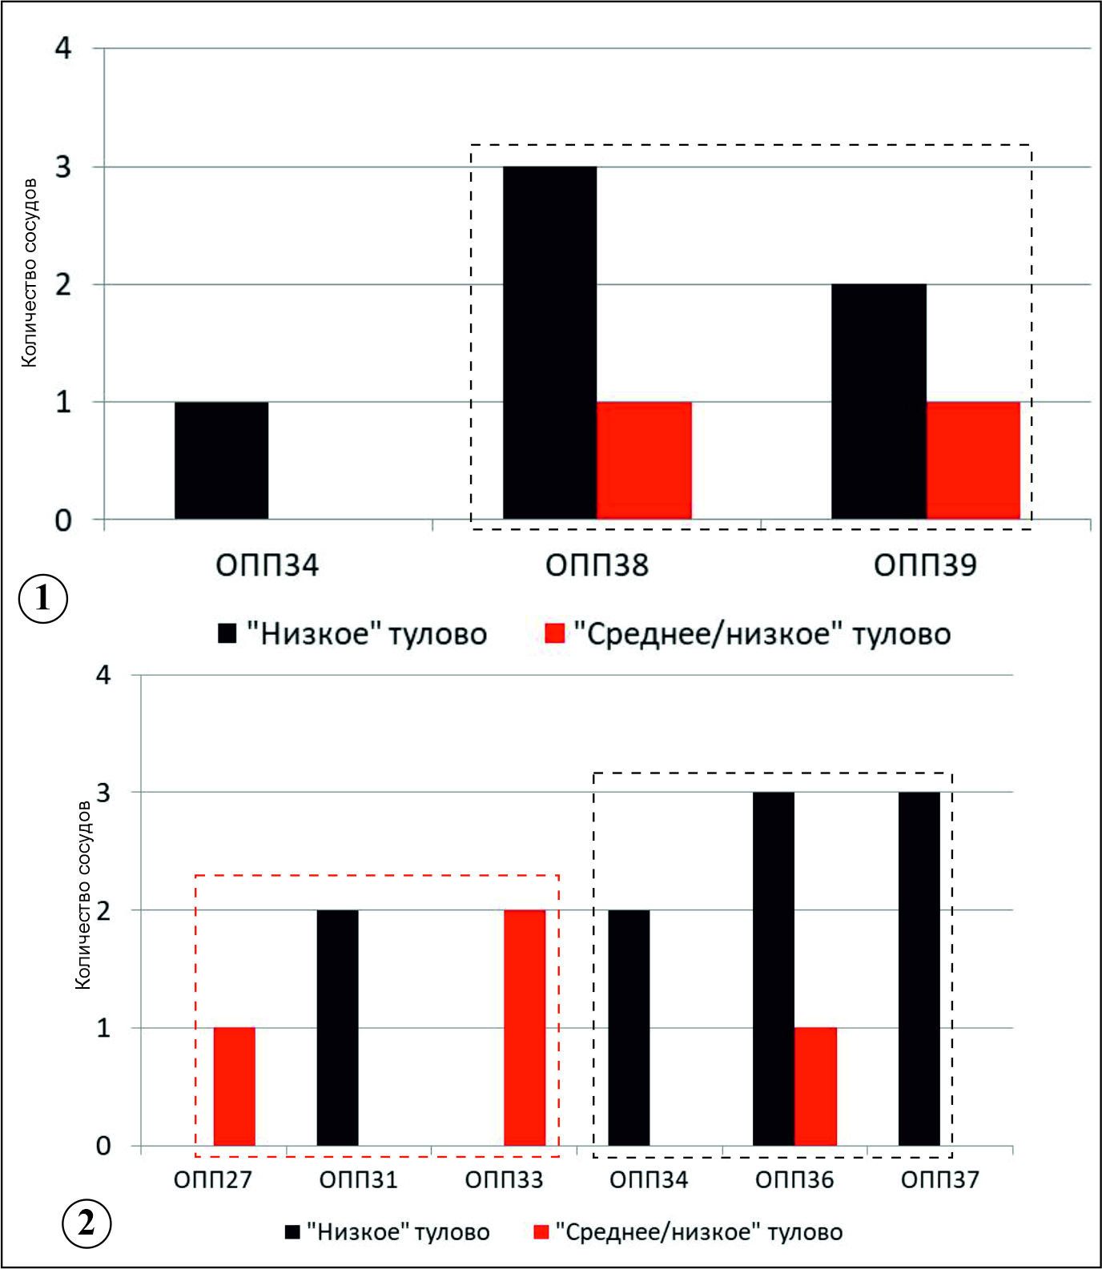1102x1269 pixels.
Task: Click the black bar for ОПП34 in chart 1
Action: point(222,460)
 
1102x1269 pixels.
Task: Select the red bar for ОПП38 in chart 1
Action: point(644,460)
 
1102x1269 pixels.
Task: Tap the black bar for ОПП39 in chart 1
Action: point(879,402)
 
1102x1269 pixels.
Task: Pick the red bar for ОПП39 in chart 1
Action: point(973,460)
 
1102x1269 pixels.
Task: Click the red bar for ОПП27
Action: point(234,1086)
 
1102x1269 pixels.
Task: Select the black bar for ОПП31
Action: point(337,1028)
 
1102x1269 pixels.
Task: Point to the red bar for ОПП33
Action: point(525,1028)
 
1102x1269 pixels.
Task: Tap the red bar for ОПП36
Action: point(815,1086)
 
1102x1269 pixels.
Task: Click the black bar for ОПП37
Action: point(919,969)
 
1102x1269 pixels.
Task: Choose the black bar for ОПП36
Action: point(774,969)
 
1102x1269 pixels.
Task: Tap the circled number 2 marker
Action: point(86,1223)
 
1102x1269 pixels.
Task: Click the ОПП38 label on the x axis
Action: point(597,565)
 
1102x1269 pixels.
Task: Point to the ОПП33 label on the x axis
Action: point(504,1179)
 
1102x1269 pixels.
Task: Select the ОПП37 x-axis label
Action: point(939,1179)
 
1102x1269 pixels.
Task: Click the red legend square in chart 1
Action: point(554,633)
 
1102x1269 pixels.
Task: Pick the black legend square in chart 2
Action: point(293,1231)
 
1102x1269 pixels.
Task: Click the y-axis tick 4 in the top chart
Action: point(63,48)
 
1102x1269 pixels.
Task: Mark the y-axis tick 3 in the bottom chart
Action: point(103,793)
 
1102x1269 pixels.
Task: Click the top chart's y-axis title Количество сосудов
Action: point(29,273)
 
